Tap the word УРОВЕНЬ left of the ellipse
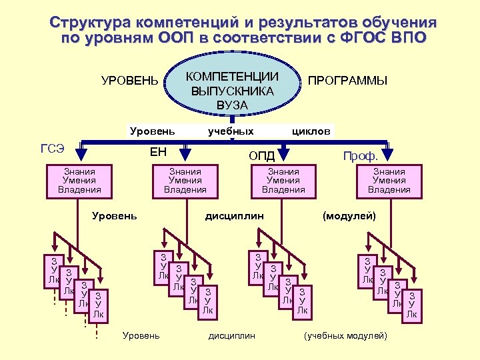point(130,81)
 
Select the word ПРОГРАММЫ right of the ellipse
point(347,81)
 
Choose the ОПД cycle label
point(261,155)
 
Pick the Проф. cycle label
point(360,155)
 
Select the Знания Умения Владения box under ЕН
point(185,181)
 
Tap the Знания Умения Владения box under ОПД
point(283,181)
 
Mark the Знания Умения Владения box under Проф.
point(389,181)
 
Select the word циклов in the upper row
point(311,131)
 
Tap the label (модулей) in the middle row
point(349,216)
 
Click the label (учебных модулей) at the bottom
point(345,335)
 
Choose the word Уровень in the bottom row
point(141,335)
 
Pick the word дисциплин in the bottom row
point(232,335)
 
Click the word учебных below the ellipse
point(231,131)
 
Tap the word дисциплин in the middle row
point(234,216)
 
